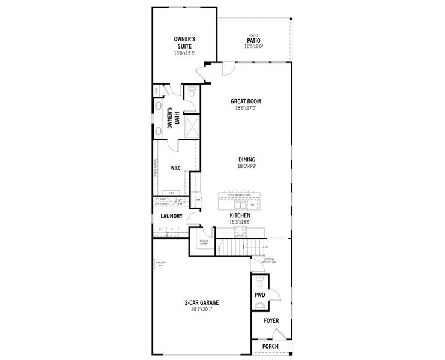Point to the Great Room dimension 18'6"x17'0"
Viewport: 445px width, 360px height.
[x=246, y=108]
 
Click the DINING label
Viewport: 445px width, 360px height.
[x=246, y=160]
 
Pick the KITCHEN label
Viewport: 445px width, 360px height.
[x=240, y=215]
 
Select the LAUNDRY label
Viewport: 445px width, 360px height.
[x=171, y=215]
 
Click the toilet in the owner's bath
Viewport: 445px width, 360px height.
[x=191, y=93]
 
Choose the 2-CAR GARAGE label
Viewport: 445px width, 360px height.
[x=201, y=303]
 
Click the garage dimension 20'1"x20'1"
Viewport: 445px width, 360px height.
[x=201, y=310]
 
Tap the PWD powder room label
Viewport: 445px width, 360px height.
[x=259, y=295]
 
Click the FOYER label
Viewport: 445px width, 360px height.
[x=271, y=321]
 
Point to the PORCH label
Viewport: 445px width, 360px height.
[x=271, y=346]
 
